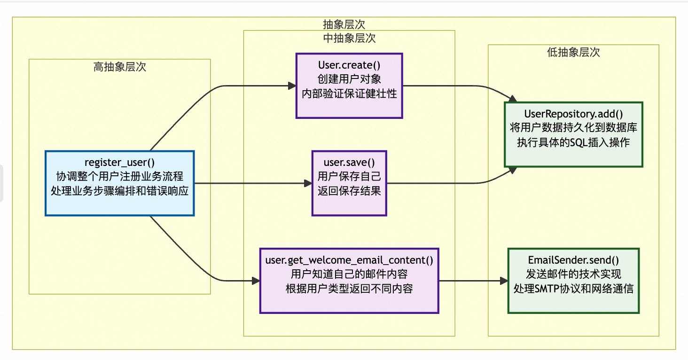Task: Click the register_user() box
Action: coord(119,183)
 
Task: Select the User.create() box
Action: coord(349,86)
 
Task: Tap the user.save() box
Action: coord(349,183)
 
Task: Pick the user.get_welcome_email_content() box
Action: coord(349,281)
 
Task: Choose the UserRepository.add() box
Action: coord(573,134)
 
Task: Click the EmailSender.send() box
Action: coord(573,281)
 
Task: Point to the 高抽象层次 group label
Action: coord(120,67)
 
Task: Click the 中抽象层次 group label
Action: coord(349,38)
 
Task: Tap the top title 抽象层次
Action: coord(344,24)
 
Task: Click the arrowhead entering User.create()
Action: coord(291,86)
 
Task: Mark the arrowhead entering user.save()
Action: coord(308,183)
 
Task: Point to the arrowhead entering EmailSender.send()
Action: coord(504,281)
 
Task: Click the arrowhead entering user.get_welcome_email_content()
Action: coord(256,281)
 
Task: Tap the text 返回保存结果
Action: coord(349,191)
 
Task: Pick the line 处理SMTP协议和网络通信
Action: coord(573,288)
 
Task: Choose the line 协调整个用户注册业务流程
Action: coord(119,177)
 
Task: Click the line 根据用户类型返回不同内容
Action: coord(349,289)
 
